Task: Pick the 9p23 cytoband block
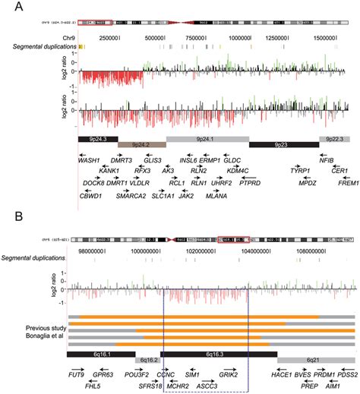coord(283,144)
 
